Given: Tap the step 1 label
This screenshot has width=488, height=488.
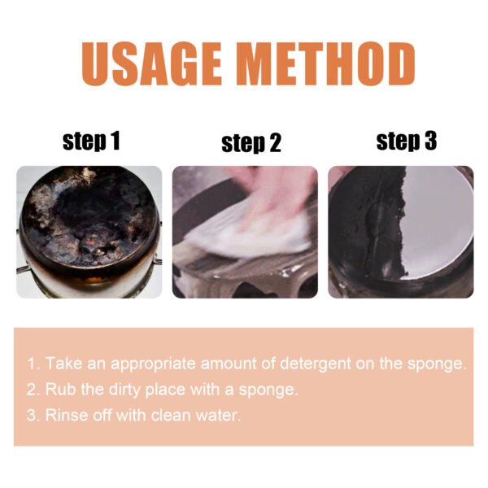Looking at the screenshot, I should pos(91,142).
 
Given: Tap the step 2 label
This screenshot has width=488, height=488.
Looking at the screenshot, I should pos(251,144).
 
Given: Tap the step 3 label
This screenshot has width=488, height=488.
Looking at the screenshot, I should pos(406,141).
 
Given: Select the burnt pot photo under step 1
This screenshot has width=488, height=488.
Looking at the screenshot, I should pos(89,232).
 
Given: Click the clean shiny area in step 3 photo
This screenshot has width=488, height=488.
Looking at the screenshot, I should pos(431,228).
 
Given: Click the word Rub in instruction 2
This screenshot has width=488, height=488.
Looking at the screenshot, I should pos(58,389).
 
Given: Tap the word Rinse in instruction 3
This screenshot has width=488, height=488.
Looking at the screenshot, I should pos(64,415).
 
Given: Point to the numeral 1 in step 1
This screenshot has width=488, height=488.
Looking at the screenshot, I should pos(115,142).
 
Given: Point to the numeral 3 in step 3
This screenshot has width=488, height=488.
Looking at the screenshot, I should pos(429,141).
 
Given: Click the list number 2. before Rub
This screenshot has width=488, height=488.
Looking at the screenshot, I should pos(33,389).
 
